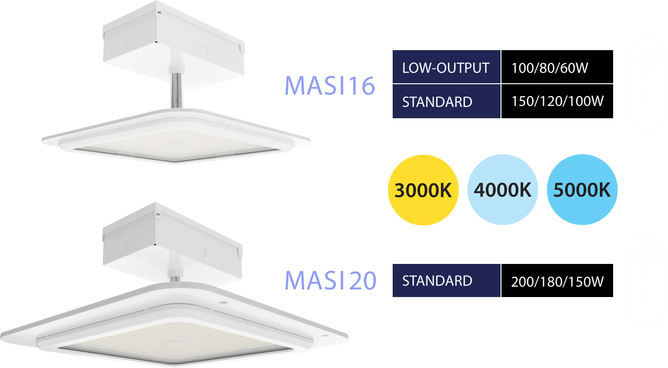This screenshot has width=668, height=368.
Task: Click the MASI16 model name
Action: click(330, 86)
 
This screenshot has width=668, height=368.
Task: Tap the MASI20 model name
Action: click(330, 280)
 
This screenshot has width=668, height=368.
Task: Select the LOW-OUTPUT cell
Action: click(446, 67)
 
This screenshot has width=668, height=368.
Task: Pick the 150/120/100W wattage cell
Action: click(557, 101)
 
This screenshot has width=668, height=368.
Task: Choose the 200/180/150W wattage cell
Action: click(557, 281)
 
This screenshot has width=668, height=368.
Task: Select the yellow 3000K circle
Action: click(423, 190)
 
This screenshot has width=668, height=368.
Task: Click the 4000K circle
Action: click(503, 190)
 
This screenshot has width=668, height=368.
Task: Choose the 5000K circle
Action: click(582, 190)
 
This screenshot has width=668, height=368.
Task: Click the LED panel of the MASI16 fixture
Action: click(176, 142)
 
